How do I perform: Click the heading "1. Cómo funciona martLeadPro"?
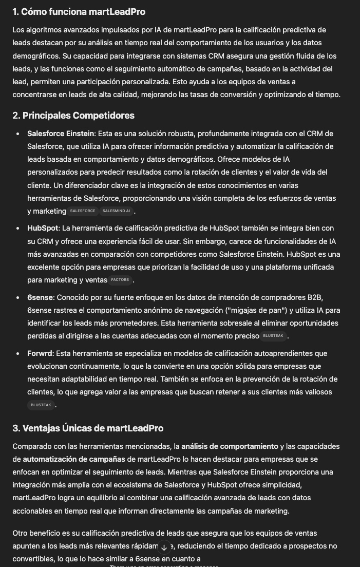pos(79,12)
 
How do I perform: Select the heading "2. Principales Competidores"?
pos(73,116)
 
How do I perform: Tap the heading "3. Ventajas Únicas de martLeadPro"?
pos(88,428)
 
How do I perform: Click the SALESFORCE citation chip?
pos(83,211)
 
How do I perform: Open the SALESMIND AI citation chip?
pos(117,211)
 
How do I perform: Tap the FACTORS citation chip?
pos(120,280)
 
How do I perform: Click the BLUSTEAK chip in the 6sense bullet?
pos(273,336)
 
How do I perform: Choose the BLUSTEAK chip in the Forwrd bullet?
pos(41,405)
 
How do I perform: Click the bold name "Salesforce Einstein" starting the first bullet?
pos(61,134)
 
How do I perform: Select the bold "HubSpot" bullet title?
pos(43,228)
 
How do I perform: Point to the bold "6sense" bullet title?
pos(41,297)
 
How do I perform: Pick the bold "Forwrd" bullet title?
pos(40,353)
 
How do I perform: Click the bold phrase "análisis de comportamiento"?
pos(229,446)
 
